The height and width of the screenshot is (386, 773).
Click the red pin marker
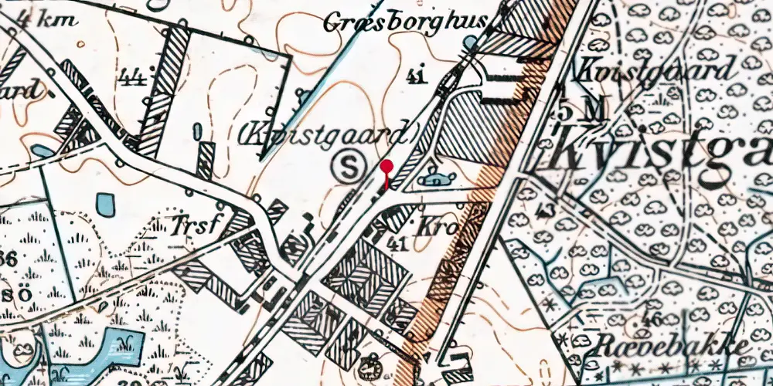tap(386, 168)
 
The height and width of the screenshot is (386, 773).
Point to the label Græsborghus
tap(404, 22)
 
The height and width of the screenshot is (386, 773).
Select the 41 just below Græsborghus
tap(415, 76)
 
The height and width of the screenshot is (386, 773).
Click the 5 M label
tap(581, 112)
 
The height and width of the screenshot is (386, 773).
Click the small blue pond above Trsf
tap(104, 205)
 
